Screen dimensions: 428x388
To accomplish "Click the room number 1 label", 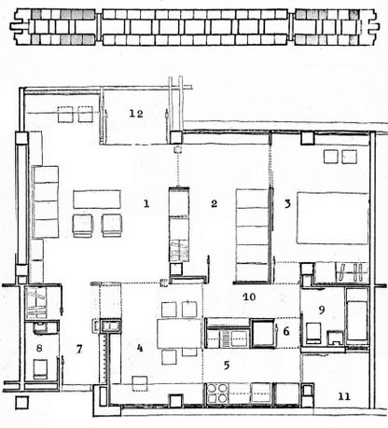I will coord(145,202).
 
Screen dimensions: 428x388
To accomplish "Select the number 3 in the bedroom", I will coord(289,202).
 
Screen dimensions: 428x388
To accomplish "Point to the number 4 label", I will coord(140,349).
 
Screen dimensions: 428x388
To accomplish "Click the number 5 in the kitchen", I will coord(226,366).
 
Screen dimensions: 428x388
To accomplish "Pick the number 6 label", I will coord(287,331).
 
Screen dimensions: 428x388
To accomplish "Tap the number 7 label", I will coord(79,350).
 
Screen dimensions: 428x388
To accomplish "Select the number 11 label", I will coord(344,396).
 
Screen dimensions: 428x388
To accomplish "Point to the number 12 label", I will coord(137,113).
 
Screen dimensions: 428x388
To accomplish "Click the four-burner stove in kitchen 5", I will coord(224,394).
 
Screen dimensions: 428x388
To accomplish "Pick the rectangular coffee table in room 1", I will coord(98,199).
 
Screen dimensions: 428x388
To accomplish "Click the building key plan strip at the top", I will coord(194,28).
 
